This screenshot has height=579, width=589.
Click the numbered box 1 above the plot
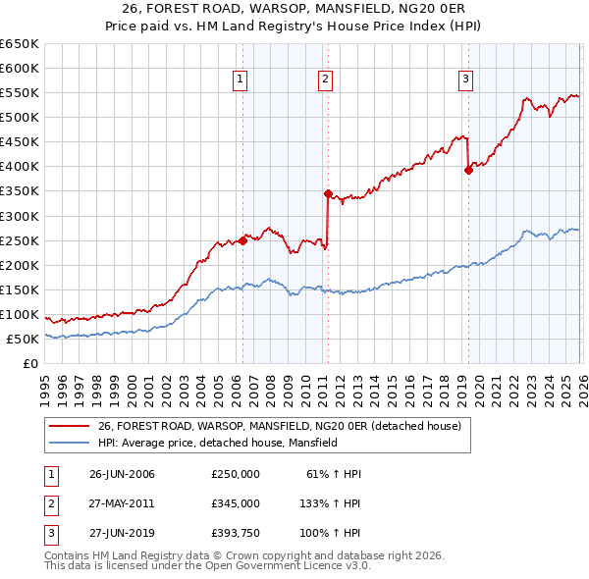coord(241,80)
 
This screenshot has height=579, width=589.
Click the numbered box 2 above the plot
coord(325,80)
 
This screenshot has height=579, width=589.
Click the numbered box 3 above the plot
coord(465,80)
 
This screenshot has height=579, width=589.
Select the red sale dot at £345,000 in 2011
coord(328,193)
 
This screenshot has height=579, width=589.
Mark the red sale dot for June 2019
coord(468,170)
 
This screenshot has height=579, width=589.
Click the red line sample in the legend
coord(69,426)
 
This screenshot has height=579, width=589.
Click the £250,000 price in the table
coord(236,473)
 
